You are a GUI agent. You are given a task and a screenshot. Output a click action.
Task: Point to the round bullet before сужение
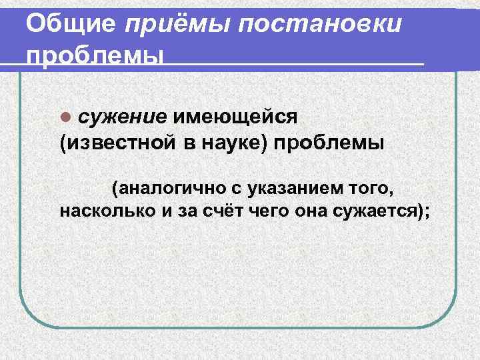65,117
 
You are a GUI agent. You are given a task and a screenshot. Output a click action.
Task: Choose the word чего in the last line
257,211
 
